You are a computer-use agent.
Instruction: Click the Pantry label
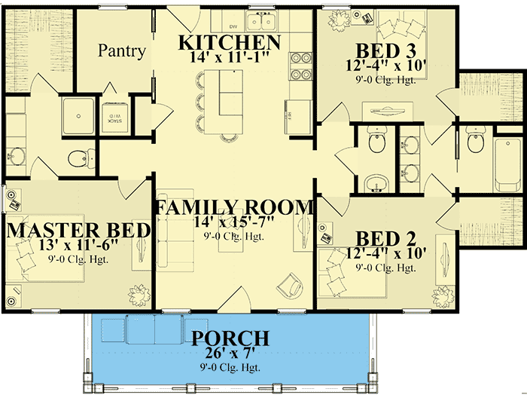point(122,51)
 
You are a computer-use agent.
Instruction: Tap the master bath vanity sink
point(17,156)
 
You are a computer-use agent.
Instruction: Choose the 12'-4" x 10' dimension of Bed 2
point(387,253)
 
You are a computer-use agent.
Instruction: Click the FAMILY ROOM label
point(233,207)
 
